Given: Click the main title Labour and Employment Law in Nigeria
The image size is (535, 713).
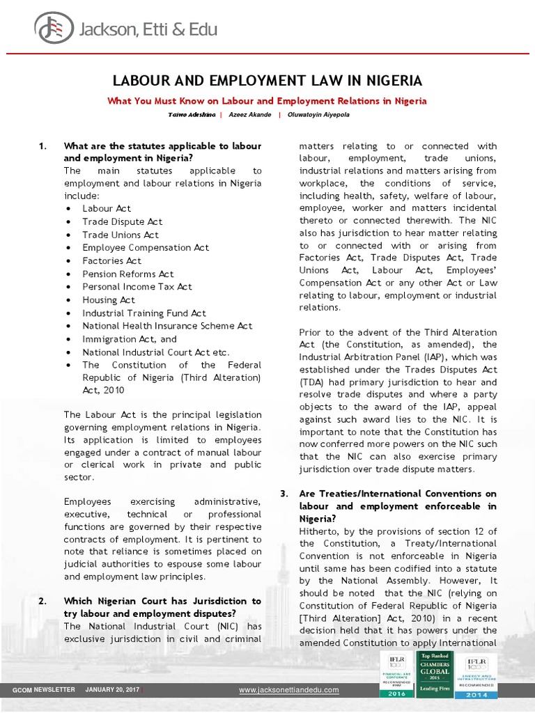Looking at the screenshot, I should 267,80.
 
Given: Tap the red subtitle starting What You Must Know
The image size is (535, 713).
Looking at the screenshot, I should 267,101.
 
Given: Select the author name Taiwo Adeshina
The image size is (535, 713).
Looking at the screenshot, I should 190,114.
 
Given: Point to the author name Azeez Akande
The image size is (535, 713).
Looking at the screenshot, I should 249,114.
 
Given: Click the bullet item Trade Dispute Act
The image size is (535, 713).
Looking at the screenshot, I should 122,221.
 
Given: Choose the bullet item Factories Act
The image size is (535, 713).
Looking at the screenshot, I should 111,260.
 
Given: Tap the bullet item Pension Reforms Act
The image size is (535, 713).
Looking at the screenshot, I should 128,274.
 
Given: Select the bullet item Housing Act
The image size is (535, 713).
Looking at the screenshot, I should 109,299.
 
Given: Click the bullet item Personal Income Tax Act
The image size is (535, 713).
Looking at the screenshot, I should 137,286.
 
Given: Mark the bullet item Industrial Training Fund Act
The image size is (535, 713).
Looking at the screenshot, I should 144,313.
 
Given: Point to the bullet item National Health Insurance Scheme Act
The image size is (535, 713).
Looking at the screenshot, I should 167,325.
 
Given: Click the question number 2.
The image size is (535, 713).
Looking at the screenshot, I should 42,600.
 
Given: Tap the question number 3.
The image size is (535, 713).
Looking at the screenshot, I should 284,494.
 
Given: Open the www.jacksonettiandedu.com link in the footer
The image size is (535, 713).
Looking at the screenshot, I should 289,690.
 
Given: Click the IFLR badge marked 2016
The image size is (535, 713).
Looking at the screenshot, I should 396,676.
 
